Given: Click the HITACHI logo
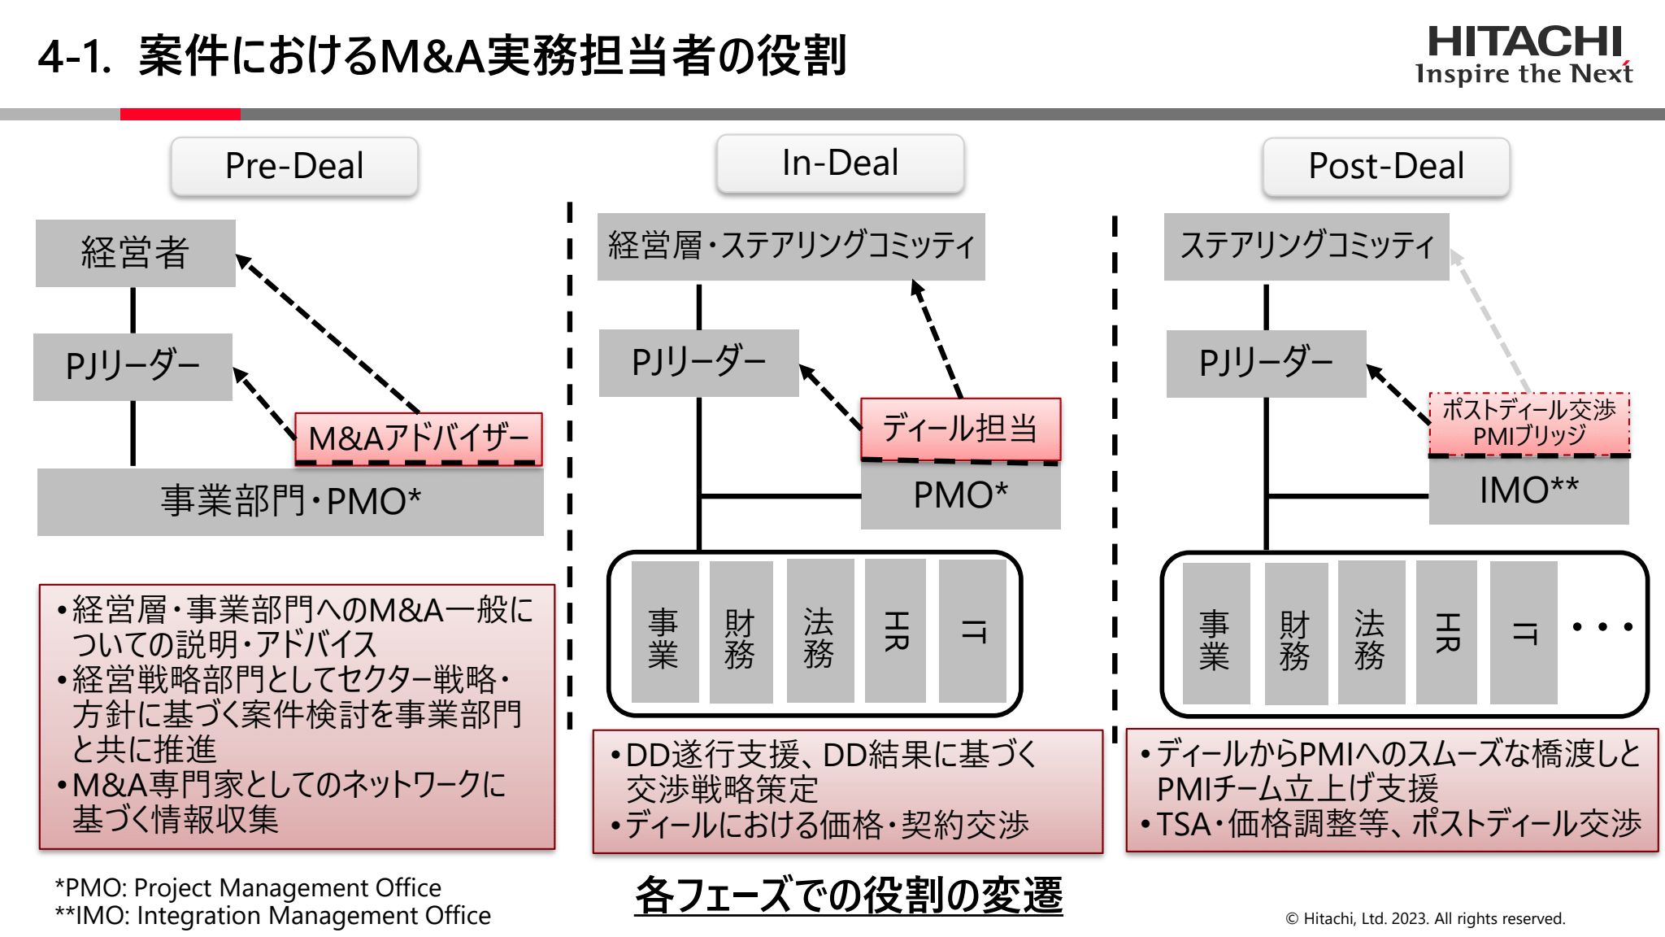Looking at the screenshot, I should [x=1524, y=55].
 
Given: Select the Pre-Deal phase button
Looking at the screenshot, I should [x=294, y=166].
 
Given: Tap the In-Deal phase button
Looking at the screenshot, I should [x=840, y=163].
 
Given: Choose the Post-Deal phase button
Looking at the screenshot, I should [x=1385, y=166].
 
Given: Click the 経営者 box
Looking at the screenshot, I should [x=135, y=252].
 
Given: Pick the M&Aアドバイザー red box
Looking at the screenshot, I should [x=418, y=438].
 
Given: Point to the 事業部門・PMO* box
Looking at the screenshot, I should [x=290, y=501].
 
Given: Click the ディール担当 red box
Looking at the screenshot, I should [x=960, y=428].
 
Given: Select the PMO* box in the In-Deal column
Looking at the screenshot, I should [x=960, y=495].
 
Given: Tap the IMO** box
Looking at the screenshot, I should [x=1528, y=490].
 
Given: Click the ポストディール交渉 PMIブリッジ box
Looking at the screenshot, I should [x=1529, y=423].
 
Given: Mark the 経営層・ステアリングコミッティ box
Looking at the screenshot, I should [x=790, y=246].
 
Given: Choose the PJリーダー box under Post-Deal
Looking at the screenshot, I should [x=1266, y=363].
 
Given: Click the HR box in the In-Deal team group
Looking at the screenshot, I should [x=895, y=630].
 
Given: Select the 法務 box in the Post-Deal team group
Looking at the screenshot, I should [x=1369, y=632].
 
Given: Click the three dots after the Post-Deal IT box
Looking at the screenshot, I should [x=1602, y=626].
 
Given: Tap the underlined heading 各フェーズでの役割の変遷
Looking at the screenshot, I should [x=848, y=896].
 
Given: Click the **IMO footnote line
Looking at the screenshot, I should [x=272, y=916].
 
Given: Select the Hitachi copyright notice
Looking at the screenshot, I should [x=1424, y=918].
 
